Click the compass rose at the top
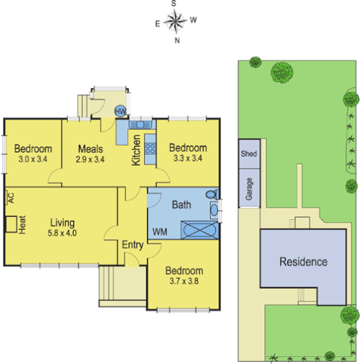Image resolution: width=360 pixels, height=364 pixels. click(x=175, y=22)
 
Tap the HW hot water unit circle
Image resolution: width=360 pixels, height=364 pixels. click(x=121, y=111)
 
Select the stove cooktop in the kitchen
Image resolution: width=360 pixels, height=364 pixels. click(x=151, y=149)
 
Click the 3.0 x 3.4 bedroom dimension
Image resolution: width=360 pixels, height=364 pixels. click(x=32, y=158)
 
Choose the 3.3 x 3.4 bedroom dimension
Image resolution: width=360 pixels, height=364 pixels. click(x=189, y=158)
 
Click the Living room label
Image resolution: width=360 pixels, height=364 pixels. click(x=63, y=222)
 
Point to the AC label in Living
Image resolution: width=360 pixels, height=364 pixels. click(x=10, y=197)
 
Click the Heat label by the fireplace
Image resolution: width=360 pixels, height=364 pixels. click(x=23, y=223)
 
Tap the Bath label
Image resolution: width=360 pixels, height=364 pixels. click(x=181, y=205)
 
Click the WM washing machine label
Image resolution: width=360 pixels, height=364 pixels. click(x=159, y=231)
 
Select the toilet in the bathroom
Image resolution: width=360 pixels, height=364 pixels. click(x=211, y=195)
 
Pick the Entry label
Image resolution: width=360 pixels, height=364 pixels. click(x=132, y=245)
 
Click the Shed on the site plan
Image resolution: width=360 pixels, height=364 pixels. click(x=248, y=154)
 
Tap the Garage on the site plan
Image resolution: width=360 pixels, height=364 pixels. click(x=248, y=189)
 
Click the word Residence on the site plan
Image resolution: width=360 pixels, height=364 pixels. click(x=303, y=261)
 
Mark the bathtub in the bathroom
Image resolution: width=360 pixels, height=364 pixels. click(x=198, y=231)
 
